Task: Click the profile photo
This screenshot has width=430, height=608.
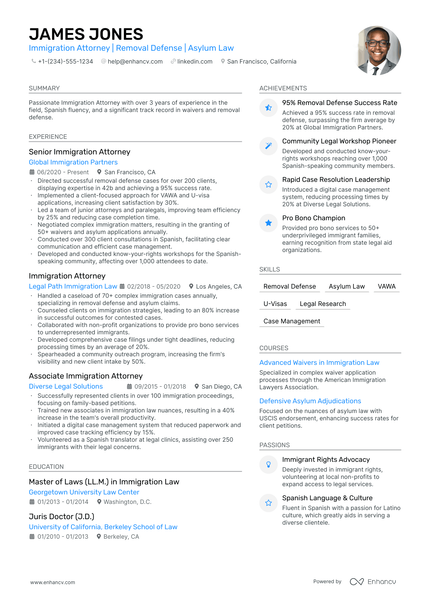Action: (377, 50)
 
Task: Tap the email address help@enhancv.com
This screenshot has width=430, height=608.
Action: (135, 61)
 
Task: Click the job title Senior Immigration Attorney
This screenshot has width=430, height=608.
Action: (80, 152)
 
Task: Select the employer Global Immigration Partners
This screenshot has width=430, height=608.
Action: (73, 162)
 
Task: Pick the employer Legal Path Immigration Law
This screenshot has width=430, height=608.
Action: (73, 286)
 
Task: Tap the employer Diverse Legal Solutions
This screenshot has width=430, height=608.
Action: (66, 386)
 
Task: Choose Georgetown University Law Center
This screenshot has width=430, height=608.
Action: (84, 492)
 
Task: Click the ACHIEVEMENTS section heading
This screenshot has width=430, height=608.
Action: (283, 88)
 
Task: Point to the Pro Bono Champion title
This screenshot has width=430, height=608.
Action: (314, 217)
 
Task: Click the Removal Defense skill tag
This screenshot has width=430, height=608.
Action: (289, 286)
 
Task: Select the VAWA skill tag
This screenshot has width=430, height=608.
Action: (386, 286)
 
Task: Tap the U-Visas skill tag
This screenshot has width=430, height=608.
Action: (275, 303)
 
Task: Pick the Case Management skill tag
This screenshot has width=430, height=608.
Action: (292, 321)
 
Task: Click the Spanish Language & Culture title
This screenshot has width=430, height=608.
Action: (327, 497)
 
